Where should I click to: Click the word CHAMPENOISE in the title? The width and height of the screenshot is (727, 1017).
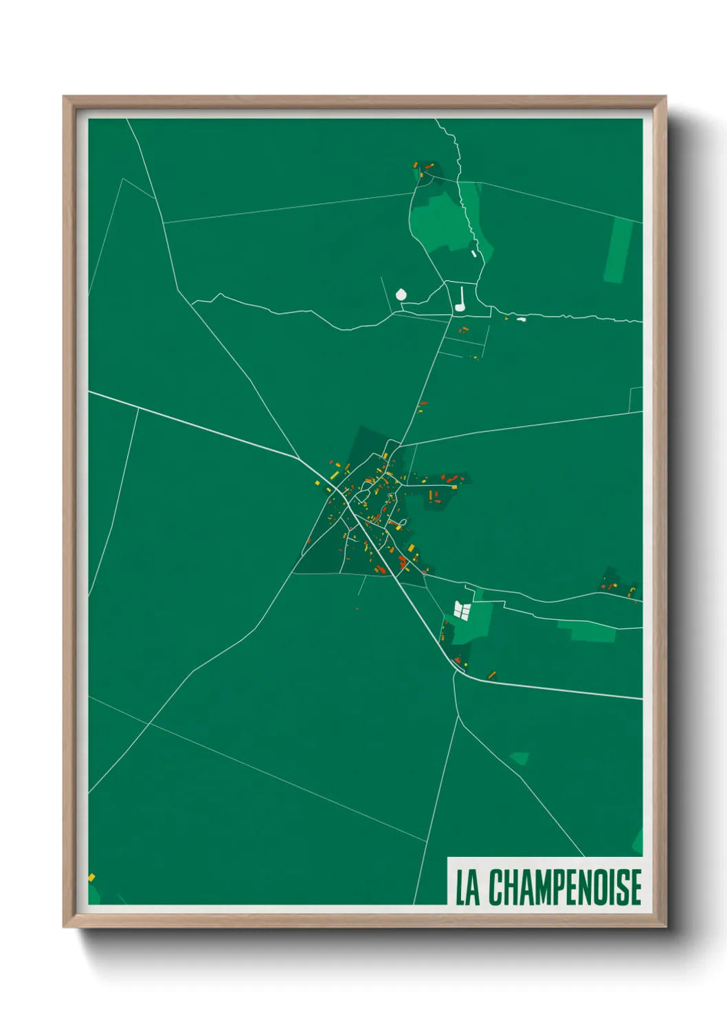click(565, 887)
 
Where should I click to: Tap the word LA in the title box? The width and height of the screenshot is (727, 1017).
click(467, 888)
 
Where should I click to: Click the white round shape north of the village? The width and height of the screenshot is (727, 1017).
click(401, 295)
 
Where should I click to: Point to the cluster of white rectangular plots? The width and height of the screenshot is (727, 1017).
click(462, 610)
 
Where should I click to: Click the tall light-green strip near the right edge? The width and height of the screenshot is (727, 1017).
click(618, 251)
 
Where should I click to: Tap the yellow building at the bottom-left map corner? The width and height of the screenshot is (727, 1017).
click(91, 878)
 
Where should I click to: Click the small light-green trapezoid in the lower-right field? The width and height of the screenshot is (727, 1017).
click(519, 758)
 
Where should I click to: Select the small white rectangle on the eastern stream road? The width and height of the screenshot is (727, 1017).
click(521, 319)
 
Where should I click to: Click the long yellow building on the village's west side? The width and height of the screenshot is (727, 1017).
click(335, 475)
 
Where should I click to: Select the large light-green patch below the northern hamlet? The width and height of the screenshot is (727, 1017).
click(440, 220)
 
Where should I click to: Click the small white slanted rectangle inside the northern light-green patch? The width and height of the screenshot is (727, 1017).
click(473, 254)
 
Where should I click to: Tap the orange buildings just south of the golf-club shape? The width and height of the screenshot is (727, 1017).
click(463, 331)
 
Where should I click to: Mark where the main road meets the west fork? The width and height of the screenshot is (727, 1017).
click(300, 458)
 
